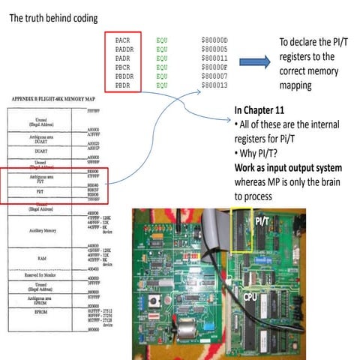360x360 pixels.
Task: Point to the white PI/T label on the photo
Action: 262,221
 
